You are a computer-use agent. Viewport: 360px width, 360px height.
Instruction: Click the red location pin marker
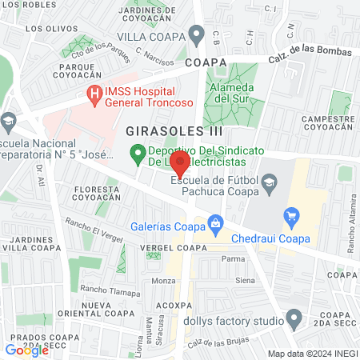(180, 166)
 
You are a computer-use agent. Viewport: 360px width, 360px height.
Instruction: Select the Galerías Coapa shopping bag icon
(214, 222)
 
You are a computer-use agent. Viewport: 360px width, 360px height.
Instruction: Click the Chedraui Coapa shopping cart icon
(292, 214)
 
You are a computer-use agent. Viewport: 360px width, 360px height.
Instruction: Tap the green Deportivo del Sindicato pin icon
(137, 151)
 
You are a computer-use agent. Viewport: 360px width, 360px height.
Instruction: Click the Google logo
(27, 350)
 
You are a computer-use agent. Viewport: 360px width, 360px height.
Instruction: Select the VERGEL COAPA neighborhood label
(158, 248)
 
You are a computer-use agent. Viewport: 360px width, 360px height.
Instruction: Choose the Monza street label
(163, 281)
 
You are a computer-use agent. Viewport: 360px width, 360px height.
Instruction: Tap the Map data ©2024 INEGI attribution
(311, 353)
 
